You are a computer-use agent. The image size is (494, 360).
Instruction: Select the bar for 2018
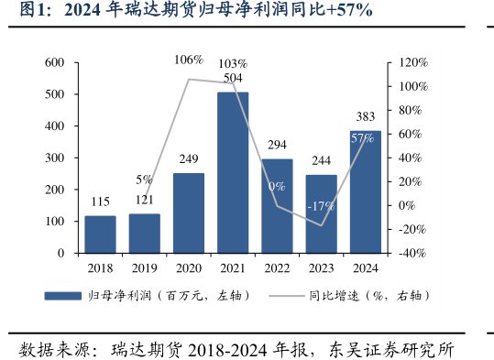pos(100,234)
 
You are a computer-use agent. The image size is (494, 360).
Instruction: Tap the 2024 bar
pos(365,191)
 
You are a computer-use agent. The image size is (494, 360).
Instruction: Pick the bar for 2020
pos(189,213)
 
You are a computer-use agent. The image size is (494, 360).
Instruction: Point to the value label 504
pos(234,79)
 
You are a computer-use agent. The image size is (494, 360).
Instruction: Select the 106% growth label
pos(188,60)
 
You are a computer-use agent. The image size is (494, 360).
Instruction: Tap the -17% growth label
pos(321,205)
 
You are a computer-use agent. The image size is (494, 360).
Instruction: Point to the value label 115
pos(100,202)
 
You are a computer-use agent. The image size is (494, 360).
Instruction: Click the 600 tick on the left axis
pos(54,62)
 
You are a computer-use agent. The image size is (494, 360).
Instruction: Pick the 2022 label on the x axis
pos(277,268)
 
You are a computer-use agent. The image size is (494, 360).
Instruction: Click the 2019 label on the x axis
pos(144,268)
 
